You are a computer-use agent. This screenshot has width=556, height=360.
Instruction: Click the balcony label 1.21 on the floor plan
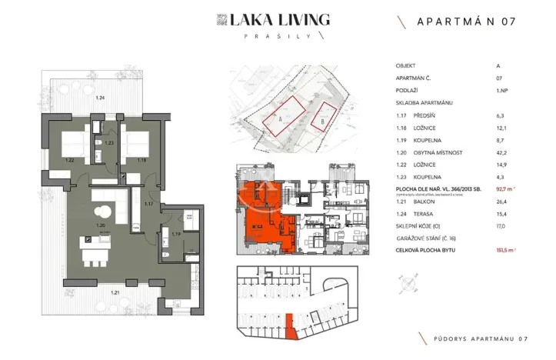tap(93, 293)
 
